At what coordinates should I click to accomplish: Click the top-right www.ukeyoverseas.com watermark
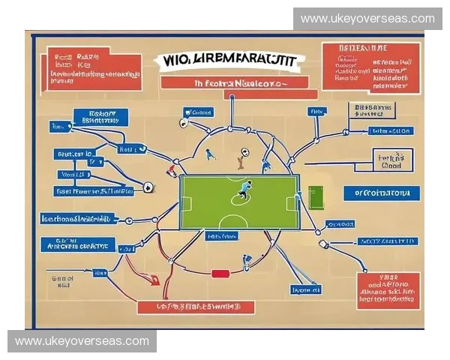click(x=367, y=19)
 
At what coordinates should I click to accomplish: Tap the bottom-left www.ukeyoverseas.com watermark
click(x=82, y=341)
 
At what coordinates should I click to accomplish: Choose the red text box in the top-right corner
click(x=370, y=66)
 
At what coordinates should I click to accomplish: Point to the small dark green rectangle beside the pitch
click(x=316, y=197)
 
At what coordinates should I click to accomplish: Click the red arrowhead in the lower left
click(x=155, y=281)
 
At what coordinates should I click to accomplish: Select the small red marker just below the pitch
click(x=220, y=274)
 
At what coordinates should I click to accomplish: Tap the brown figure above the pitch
click(x=240, y=158)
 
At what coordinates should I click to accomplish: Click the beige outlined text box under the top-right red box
click(x=372, y=112)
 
